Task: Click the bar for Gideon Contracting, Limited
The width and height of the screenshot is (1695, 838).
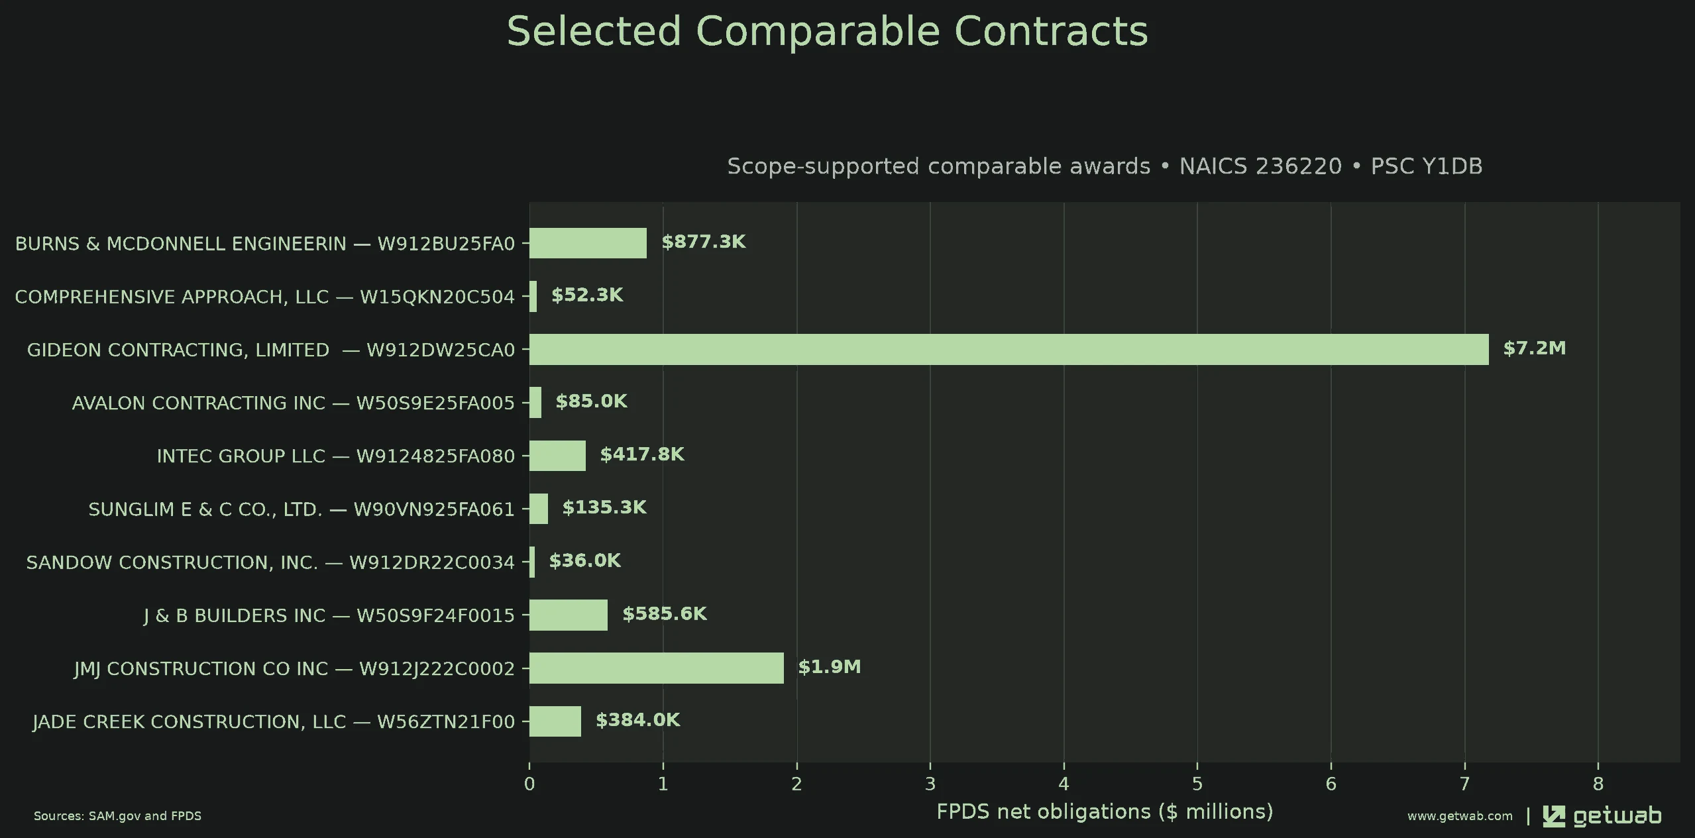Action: pyautogui.click(x=1009, y=349)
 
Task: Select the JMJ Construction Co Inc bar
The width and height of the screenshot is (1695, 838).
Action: pyautogui.click(x=656, y=668)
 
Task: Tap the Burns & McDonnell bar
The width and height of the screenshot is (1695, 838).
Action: pyautogui.click(x=588, y=243)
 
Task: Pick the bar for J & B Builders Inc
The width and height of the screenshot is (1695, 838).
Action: pyautogui.click(x=569, y=615)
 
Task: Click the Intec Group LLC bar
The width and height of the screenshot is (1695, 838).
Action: pyautogui.click(x=557, y=456)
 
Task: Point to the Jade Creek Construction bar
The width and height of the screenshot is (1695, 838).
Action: pyautogui.click(x=555, y=721)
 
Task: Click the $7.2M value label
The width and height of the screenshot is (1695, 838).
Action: pyautogui.click(x=1535, y=348)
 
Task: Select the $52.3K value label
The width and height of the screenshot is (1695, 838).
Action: pyautogui.click(x=587, y=295)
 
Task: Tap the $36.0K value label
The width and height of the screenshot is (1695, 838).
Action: pyautogui.click(x=584, y=561)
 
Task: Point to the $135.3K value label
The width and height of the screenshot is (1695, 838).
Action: pyautogui.click(x=604, y=507)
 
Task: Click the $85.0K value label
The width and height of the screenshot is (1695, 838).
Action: pyautogui.click(x=591, y=401)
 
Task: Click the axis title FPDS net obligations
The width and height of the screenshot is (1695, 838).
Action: pyautogui.click(x=1105, y=812)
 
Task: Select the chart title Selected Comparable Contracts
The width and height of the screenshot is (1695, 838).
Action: pyautogui.click(x=827, y=31)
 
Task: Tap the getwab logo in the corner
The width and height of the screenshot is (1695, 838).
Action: pyautogui.click(x=1602, y=816)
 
